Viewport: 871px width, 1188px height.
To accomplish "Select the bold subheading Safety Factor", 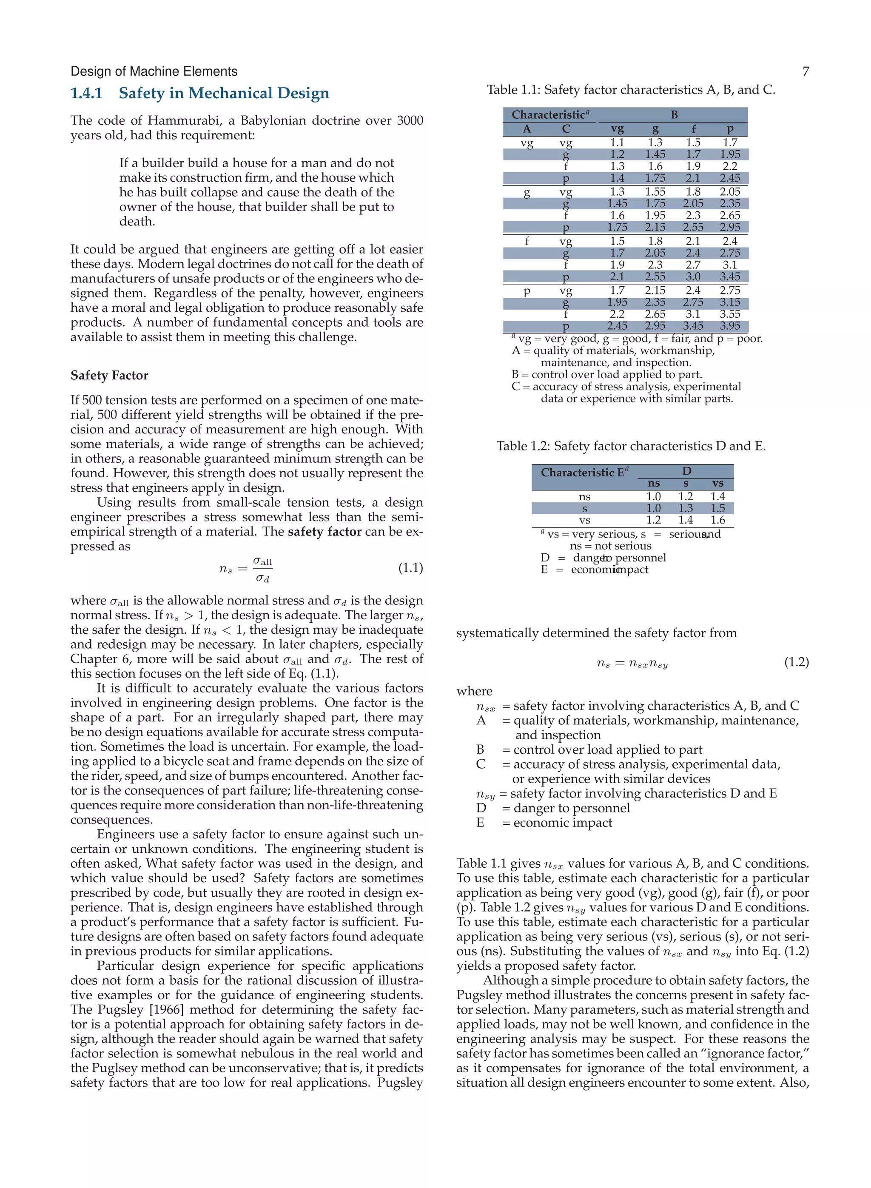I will pyautogui.click(x=109, y=376).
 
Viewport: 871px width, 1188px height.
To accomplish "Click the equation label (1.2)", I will pyautogui.click(x=796, y=662).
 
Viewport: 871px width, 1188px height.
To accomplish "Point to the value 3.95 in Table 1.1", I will pyautogui.click(x=730, y=326).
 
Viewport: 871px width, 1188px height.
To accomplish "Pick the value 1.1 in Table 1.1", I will pyautogui.click(x=617, y=143).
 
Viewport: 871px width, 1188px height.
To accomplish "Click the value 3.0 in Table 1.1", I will pyautogui.click(x=693, y=277).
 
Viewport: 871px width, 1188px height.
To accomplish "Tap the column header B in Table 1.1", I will pyautogui.click(x=674, y=115).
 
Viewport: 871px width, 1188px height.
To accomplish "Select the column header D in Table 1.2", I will pyautogui.click(x=686, y=471).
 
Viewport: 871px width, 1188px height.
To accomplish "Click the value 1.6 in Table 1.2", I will pyautogui.click(x=717, y=520).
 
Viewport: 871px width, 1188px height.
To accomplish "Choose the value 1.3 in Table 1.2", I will pyautogui.click(x=686, y=508).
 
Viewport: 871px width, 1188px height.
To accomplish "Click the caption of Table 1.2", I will pyautogui.click(x=631, y=446).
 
